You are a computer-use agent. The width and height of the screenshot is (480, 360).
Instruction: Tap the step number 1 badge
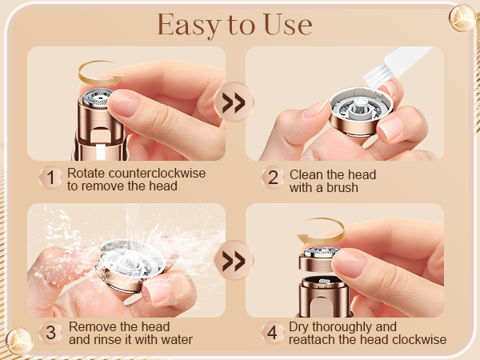(x=50, y=178)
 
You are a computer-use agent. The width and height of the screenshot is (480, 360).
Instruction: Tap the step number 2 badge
(x=272, y=178)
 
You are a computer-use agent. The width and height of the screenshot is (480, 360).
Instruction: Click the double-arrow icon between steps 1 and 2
(x=233, y=104)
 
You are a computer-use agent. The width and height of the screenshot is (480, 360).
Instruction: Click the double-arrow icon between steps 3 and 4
(x=234, y=261)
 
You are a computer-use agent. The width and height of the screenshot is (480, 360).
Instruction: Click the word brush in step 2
(x=342, y=188)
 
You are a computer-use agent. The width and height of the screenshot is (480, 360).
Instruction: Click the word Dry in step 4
(x=302, y=327)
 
